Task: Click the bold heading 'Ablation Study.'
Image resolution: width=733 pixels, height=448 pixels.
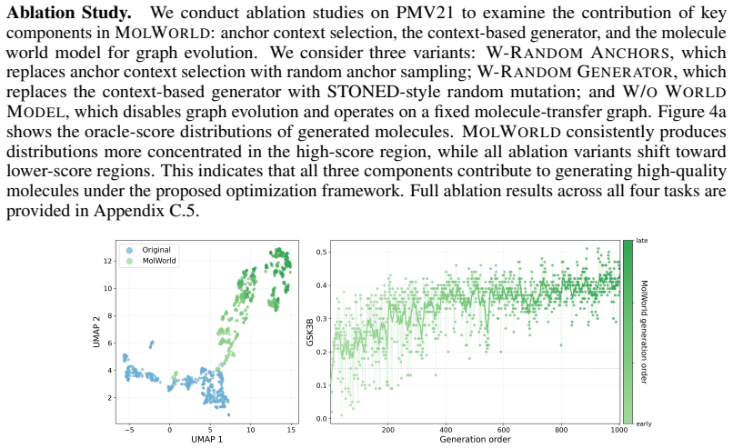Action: tap(69, 13)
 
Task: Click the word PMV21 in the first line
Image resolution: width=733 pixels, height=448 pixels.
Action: tap(425, 13)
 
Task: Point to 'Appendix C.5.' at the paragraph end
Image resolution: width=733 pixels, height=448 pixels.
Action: tap(146, 211)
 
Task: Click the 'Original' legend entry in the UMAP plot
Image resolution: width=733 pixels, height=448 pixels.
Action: tap(156, 250)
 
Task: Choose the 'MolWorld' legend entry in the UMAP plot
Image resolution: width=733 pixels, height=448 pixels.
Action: tap(159, 261)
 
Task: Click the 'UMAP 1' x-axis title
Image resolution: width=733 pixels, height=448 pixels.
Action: tap(206, 439)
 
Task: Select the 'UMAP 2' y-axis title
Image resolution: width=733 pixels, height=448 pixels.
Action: tap(96, 333)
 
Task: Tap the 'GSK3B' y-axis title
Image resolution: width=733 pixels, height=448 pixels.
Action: tap(310, 333)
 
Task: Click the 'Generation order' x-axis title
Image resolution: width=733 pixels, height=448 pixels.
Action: tap(475, 439)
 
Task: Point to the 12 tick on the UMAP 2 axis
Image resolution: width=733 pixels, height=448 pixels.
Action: tap(108, 261)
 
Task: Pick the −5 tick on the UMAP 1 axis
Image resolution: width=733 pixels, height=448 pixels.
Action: tap(129, 430)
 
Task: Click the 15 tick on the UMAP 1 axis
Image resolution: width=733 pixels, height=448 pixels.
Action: tap(291, 430)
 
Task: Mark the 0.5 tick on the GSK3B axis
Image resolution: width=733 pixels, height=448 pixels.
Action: tap(322, 253)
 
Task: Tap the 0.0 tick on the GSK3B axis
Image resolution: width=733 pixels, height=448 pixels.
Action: tap(322, 419)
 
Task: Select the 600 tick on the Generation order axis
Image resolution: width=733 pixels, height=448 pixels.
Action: tap(504, 430)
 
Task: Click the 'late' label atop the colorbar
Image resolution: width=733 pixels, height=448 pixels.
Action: tap(642, 241)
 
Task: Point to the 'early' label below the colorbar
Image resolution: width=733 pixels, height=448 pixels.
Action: tap(644, 423)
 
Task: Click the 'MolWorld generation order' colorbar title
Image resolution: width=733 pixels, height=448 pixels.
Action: tap(643, 333)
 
